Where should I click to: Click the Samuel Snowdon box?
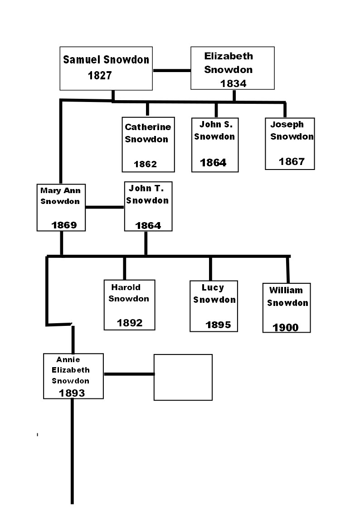tap(106, 68)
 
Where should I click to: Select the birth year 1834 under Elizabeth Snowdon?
tap(233, 83)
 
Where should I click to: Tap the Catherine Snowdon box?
tap(148, 145)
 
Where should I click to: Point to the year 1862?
tap(145, 164)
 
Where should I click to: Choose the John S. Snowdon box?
tap(215, 145)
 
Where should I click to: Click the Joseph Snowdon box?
tap(290, 144)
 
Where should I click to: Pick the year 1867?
tap(292, 161)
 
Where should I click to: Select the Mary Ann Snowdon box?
tap(61, 208)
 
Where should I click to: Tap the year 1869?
tap(64, 225)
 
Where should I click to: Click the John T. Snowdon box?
tap(148, 207)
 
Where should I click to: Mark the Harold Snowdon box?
tap(130, 305)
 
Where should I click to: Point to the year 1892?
tap(130, 323)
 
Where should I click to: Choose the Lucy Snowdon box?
tap(214, 306)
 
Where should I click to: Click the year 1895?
tap(218, 325)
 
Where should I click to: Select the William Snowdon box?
tap(287, 308)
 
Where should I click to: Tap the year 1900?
tap(285, 327)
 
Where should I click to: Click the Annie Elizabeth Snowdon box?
tap(73, 376)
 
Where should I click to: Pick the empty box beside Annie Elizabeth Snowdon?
tap(183, 377)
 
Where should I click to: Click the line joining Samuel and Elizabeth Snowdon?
tap(172, 70)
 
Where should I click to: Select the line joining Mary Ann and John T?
tap(105, 207)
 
